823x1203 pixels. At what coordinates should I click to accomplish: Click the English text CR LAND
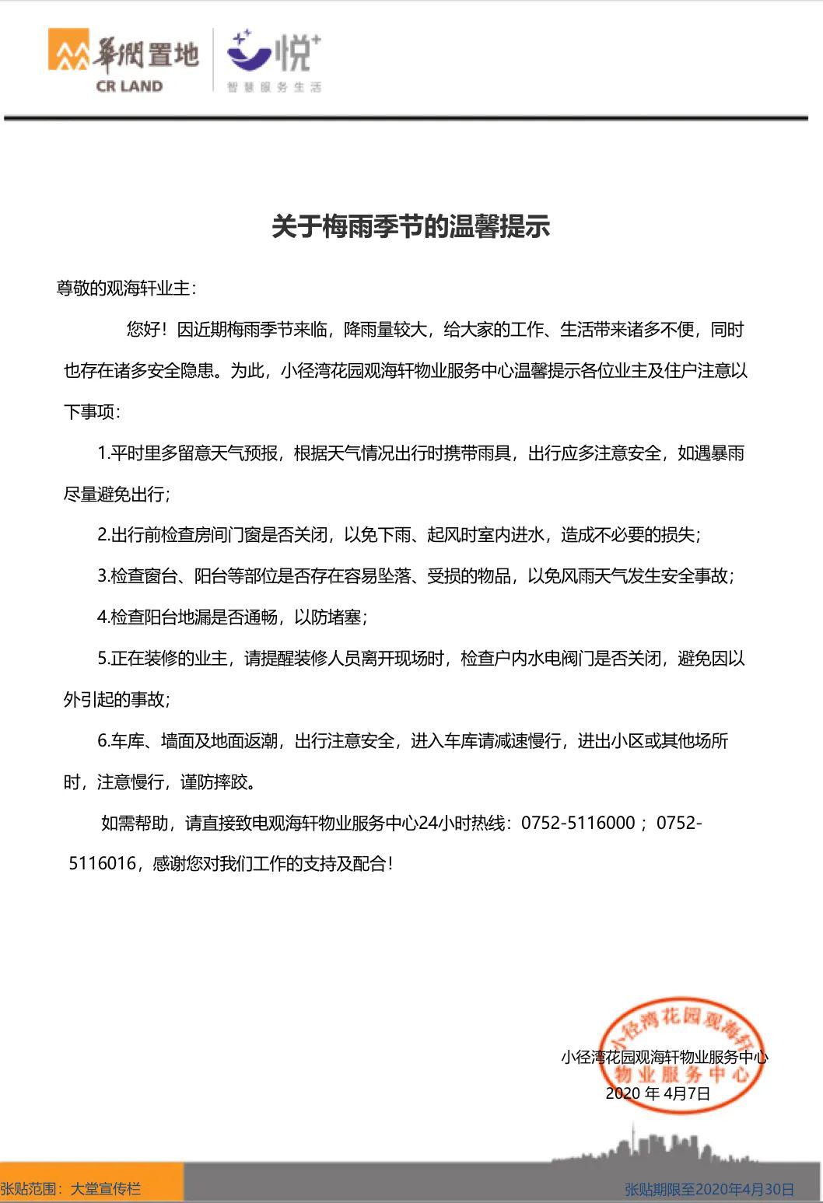(x=129, y=86)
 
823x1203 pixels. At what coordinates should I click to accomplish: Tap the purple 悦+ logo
(x=272, y=52)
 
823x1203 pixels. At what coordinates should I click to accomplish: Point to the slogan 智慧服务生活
(x=274, y=87)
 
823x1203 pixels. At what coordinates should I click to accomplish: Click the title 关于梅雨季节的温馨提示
(x=411, y=226)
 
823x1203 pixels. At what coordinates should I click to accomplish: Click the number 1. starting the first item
(x=103, y=453)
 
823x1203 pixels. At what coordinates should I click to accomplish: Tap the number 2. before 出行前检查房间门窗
(x=104, y=535)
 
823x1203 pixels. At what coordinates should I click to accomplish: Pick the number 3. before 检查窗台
(x=104, y=576)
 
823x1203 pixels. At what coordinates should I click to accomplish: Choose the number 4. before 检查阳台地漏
(x=104, y=617)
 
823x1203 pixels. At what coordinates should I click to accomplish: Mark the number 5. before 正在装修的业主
(x=104, y=659)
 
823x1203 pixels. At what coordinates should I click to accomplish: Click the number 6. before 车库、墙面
(x=104, y=741)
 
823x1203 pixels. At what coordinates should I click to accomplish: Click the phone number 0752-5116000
(x=578, y=823)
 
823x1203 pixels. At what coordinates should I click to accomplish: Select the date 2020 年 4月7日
(x=658, y=1093)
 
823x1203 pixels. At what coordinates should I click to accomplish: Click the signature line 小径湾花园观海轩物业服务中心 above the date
(x=664, y=1058)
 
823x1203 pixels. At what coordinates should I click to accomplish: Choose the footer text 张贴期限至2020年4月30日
(x=709, y=1189)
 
